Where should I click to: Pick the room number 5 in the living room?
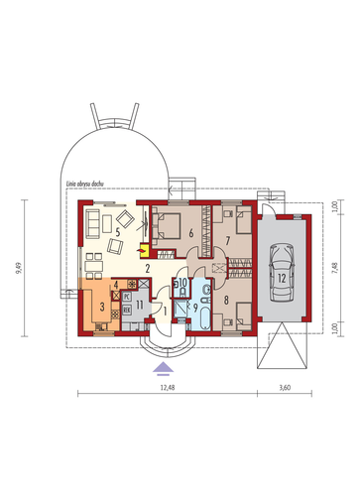(x=117, y=234)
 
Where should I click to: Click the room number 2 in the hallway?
(x=145, y=269)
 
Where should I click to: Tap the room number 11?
(x=140, y=304)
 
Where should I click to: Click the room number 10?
(x=181, y=285)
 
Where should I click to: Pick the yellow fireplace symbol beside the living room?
(x=145, y=252)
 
